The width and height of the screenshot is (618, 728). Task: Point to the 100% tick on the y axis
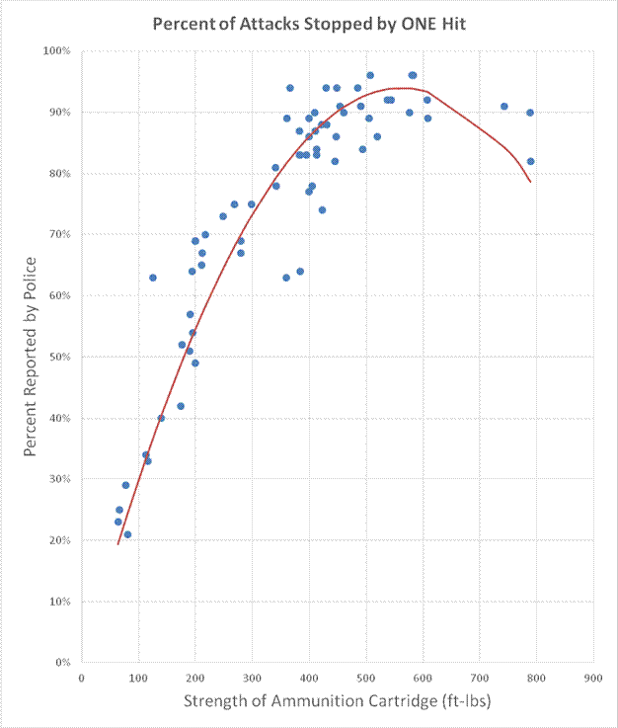60,50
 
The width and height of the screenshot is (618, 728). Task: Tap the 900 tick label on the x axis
594,678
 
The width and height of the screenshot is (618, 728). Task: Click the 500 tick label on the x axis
366,678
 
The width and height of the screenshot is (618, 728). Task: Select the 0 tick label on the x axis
81,678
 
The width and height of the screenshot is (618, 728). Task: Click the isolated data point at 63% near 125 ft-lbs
153,278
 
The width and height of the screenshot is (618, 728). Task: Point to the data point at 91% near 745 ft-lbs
504,106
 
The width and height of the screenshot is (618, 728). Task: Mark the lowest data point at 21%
127,534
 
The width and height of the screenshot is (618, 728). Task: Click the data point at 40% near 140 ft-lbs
161,418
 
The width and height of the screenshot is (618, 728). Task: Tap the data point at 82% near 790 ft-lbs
531,161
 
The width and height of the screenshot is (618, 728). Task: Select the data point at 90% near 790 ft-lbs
530,113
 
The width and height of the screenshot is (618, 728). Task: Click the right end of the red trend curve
531,182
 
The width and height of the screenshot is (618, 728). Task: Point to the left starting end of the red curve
118,544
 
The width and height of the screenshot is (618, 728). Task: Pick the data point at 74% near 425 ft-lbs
322,209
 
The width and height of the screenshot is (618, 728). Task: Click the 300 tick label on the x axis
252,678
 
